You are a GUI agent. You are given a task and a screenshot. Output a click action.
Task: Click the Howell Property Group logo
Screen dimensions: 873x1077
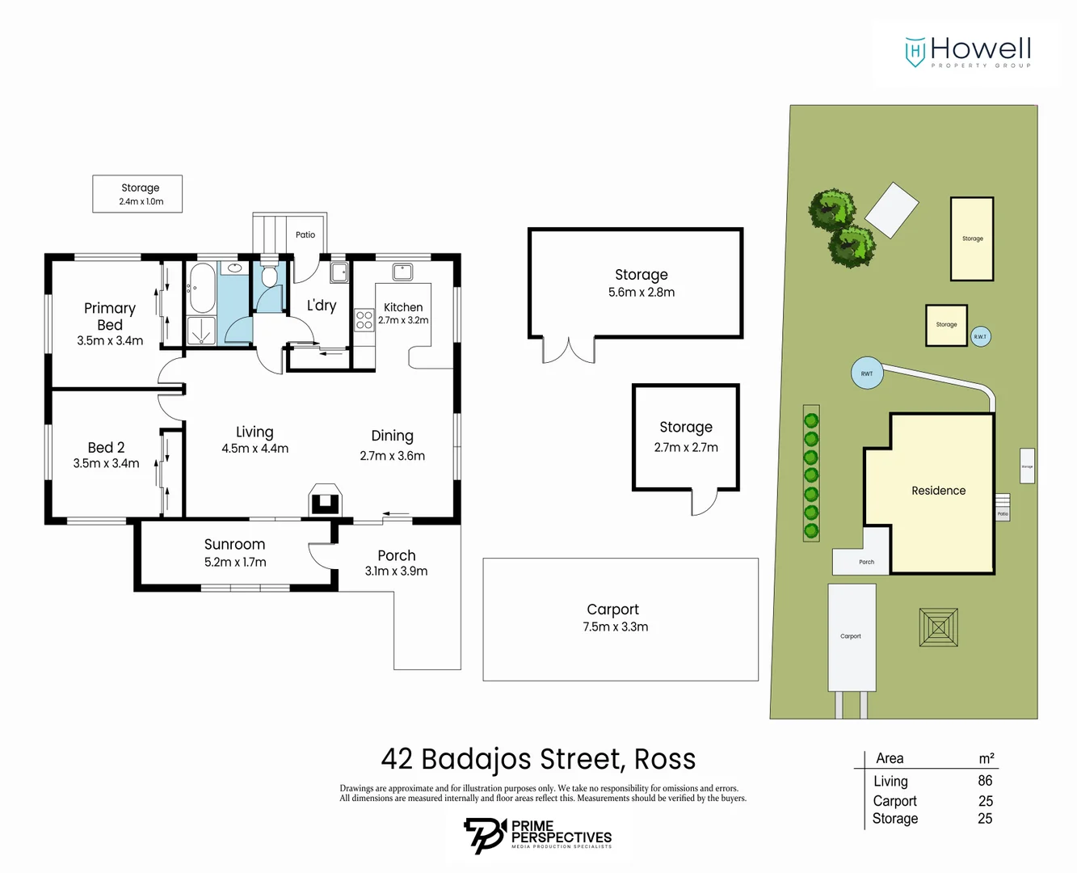tap(967, 53)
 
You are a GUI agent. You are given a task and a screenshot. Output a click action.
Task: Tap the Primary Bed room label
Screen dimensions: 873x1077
tap(110, 316)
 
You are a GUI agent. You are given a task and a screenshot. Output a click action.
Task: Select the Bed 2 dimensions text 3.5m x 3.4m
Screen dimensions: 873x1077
tap(106, 463)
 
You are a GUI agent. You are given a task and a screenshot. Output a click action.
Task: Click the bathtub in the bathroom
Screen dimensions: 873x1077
tap(201, 288)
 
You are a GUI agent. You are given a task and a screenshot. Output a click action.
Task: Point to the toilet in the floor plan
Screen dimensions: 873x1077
tap(269, 276)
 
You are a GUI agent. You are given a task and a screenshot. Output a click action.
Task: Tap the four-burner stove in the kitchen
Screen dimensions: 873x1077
tap(364, 320)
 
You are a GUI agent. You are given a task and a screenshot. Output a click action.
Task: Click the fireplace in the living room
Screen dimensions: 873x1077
tap(325, 500)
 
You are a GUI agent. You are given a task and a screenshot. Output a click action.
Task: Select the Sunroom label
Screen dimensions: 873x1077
tap(234, 544)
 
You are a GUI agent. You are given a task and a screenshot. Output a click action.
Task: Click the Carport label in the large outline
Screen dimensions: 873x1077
tap(612, 609)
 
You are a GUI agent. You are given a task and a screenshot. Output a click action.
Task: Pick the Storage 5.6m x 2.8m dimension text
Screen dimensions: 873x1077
tap(642, 293)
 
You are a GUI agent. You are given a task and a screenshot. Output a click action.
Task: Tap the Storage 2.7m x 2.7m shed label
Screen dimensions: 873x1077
tap(686, 427)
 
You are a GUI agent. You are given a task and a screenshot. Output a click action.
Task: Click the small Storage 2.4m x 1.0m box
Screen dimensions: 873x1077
tap(137, 194)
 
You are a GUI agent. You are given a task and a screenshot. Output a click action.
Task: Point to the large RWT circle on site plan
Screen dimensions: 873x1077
tap(867, 373)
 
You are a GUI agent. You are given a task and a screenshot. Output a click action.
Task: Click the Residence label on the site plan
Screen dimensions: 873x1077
tap(938, 491)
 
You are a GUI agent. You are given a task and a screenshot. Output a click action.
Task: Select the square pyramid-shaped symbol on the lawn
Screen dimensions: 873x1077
tap(938, 627)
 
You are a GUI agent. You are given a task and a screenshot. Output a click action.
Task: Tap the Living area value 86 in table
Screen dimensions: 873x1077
tap(985, 781)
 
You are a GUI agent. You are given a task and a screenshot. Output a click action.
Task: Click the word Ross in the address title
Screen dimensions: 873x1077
tap(664, 759)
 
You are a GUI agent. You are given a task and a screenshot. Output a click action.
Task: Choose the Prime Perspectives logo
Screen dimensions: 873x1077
tap(537, 835)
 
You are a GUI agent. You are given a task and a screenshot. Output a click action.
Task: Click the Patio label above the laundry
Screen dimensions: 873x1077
tap(305, 234)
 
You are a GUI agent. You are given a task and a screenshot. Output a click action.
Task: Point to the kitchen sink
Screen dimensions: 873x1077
tap(402, 271)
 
